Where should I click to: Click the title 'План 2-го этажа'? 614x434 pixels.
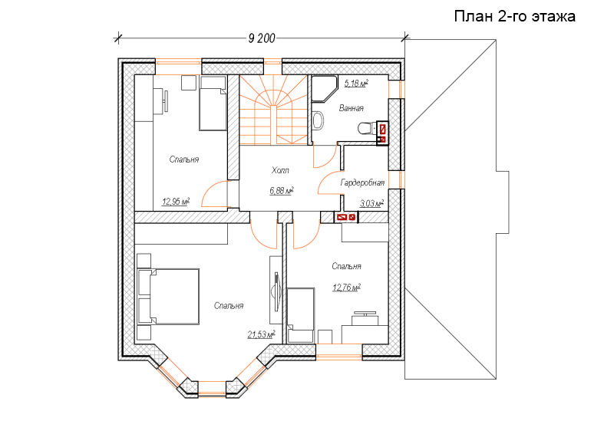pos(514,16)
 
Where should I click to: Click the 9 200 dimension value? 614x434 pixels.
pos(262,38)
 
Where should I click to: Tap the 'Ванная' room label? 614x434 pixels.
pos(352,108)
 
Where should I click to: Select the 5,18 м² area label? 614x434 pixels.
pos(356,83)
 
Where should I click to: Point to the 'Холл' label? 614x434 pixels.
pos(280,170)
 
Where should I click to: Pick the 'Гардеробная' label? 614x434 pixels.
pos(362,182)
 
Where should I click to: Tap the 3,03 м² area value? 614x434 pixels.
pos(371,203)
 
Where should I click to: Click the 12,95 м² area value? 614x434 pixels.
pos(176,202)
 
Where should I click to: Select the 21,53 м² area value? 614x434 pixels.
pos(261,334)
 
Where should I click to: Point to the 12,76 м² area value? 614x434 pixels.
pos(347,288)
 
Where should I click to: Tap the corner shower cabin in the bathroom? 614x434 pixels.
pos(325,89)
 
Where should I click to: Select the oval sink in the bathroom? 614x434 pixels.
pos(319,120)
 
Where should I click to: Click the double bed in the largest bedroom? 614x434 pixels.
pos(168,296)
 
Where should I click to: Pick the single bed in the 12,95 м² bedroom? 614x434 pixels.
pos(213,104)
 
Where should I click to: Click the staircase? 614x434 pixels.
pos(273,110)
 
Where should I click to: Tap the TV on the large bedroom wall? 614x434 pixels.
pos(276,291)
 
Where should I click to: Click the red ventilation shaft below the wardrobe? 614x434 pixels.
pos(347,217)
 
